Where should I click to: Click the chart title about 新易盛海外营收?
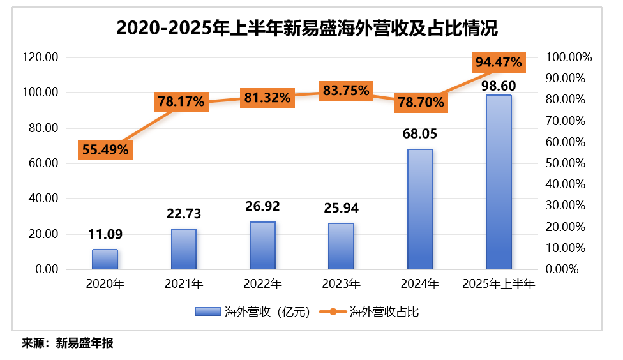pyautogui.click(x=307, y=29)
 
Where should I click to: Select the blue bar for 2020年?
pyautogui.click(x=105, y=259)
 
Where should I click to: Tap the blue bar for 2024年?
pyautogui.click(x=419, y=209)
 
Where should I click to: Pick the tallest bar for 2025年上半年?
pyautogui.click(x=498, y=182)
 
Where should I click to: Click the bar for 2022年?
pyautogui.click(x=262, y=246)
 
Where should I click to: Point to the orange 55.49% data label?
pyautogui.click(x=105, y=149)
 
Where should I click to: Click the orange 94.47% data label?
pyautogui.click(x=499, y=62)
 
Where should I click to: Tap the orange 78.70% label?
pyautogui.click(x=420, y=101)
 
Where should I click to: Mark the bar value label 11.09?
pyautogui.click(x=105, y=234)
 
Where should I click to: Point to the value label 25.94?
pyautogui.click(x=341, y=207)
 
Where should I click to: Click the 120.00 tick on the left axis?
pyautogui.click(x=40, y=57)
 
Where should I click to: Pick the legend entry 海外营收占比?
pyautogui.click(x=375, y=311)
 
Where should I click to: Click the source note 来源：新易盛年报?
pyautogui.click(x=67, y=343)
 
